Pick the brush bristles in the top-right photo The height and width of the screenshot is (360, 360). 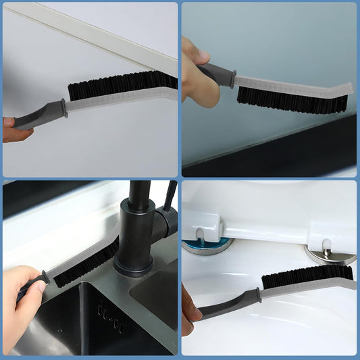pyautogui.click(x=290, y=99)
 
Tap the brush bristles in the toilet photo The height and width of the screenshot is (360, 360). pyautogui.click(x=307, y=275)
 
